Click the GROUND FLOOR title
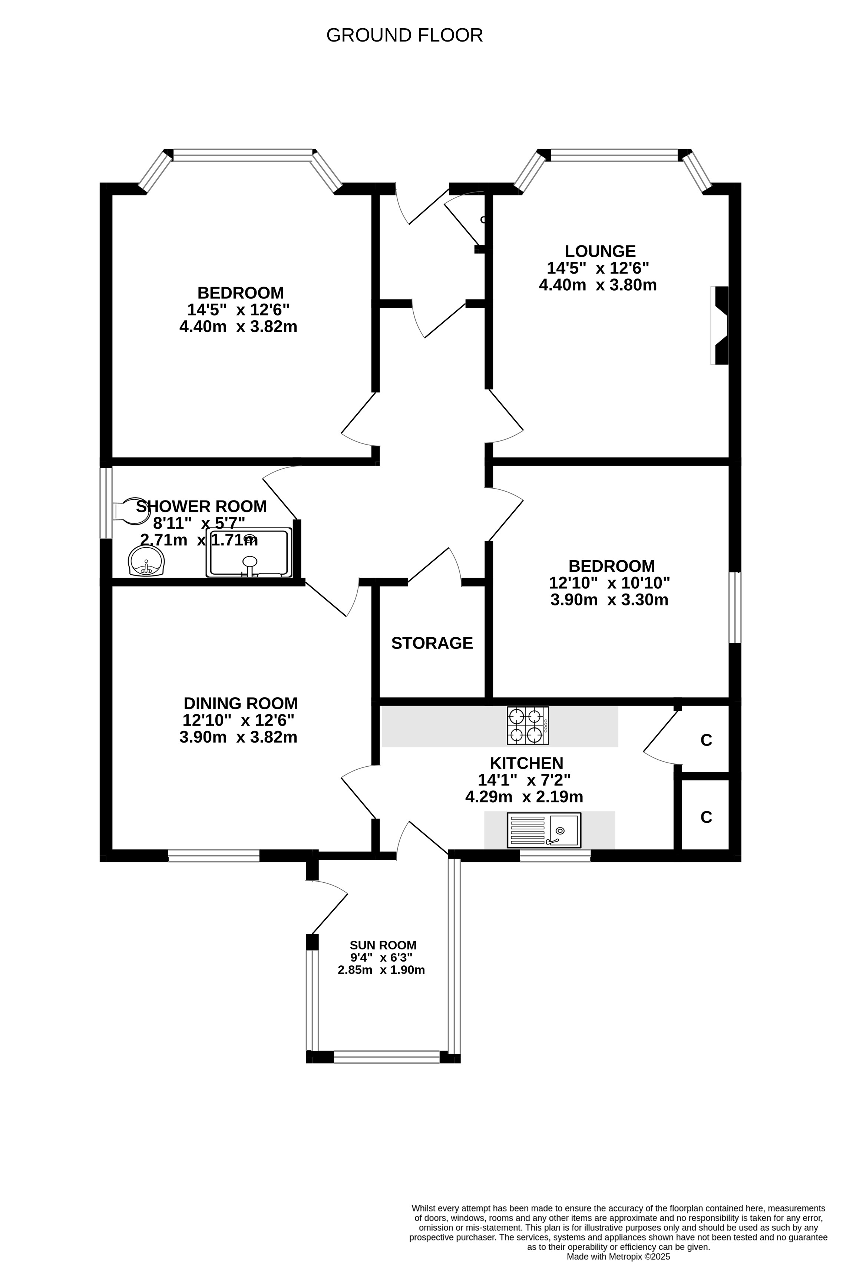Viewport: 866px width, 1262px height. click(x=404, y=35)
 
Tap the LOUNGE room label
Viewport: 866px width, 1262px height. click(x=600, y=251)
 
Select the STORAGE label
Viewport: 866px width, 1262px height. click(x=432, y=643)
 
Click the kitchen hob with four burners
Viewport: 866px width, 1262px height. click(x=528, y=726)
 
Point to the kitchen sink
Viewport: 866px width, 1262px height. click(x=544, y=830)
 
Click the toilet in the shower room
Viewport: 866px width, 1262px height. click(x=130, y=511)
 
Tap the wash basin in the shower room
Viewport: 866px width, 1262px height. click(x=146, y=561)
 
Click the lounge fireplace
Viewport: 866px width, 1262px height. click(x=720, y=325)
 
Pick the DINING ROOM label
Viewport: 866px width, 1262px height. click(x=241, y=703)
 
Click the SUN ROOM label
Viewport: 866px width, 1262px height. click(x=383, y=945)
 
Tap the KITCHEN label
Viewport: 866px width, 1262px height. click(x=527, y=763)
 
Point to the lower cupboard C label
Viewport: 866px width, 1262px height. click(x=706, y=817)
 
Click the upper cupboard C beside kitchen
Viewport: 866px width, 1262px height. click(x=706, y=740)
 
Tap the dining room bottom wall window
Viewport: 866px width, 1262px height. click(x=214, y=856)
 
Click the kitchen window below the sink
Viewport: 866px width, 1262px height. click(x=555, y=856)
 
